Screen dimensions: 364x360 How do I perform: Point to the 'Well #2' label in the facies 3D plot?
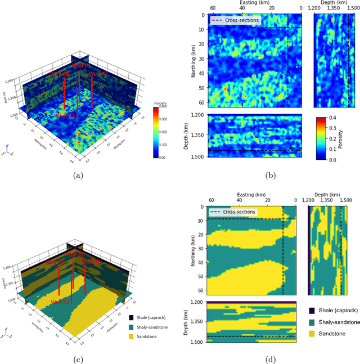(91, 261)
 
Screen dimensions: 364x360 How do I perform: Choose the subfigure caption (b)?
(271, 175)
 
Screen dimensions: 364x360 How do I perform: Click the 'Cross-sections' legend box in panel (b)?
(235, 20)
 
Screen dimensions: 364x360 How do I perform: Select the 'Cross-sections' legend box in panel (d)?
(232, 212)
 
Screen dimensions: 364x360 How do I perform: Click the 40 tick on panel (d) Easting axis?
(239, 200)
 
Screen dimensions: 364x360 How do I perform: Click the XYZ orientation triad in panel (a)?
(6, 151)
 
